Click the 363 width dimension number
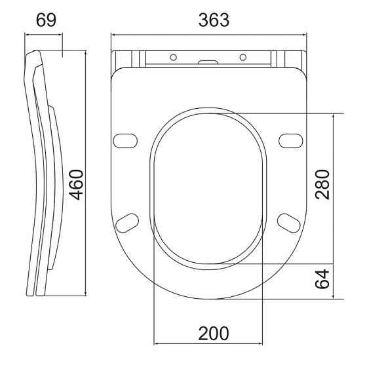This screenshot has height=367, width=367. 214,20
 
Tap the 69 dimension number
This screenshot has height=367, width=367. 46,20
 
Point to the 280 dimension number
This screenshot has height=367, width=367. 322,185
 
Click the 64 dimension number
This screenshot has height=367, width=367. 322,279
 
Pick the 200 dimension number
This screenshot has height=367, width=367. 214,334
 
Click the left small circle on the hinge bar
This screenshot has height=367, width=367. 173,57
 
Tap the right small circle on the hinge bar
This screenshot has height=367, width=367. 243,57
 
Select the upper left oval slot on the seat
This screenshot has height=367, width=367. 125,141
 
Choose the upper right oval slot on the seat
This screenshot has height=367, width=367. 291,141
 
